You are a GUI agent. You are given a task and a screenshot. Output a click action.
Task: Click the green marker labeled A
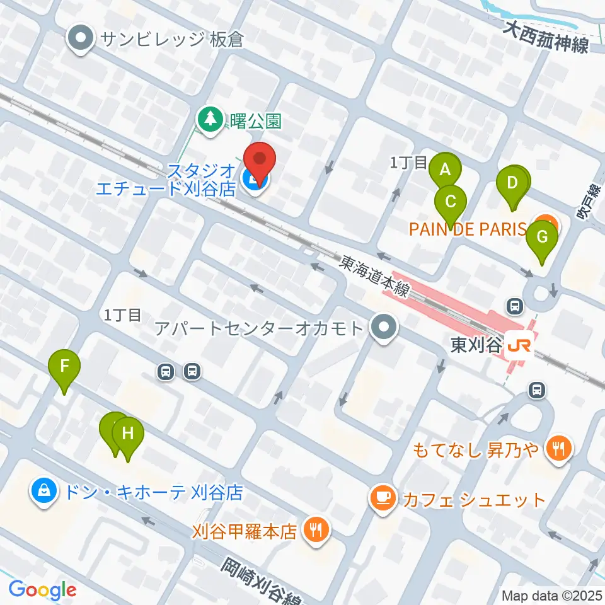coord(446,170)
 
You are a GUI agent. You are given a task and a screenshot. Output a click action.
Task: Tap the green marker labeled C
coord(451,202)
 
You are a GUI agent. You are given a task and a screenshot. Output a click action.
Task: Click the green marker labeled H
coord(128,434)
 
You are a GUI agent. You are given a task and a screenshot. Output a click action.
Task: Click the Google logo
coord(42,591)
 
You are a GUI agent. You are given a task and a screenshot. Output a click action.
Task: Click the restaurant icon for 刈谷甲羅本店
coord(314,529)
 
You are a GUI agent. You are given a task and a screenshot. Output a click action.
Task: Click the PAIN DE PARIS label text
coord(467,228)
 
